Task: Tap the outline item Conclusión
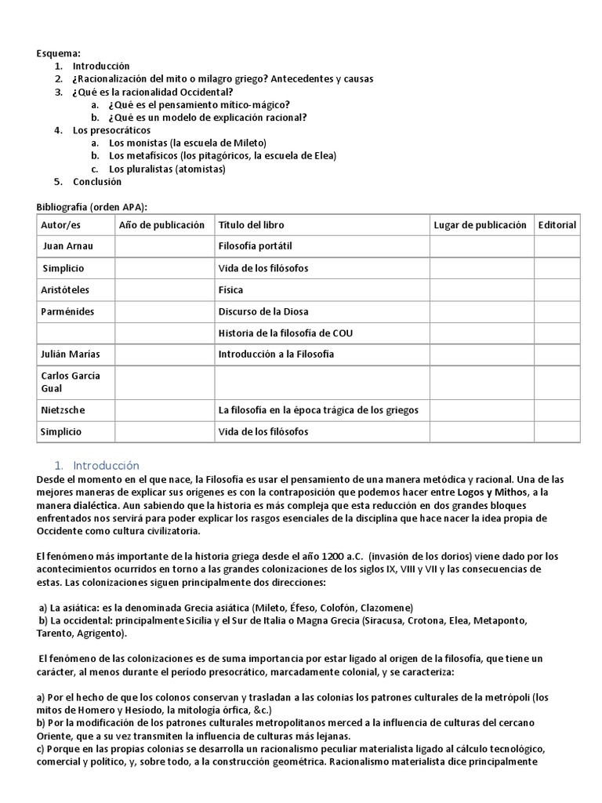tap(97, 181)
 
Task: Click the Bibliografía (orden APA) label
tap(92, 206)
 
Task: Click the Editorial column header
tap(557, 225)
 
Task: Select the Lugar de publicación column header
tap(480, 225)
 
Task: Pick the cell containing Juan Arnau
tap(68, 246)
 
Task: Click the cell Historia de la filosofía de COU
tap(285, 333)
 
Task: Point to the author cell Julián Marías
tap(71, 354)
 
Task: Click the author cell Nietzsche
tap(63, 409)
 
